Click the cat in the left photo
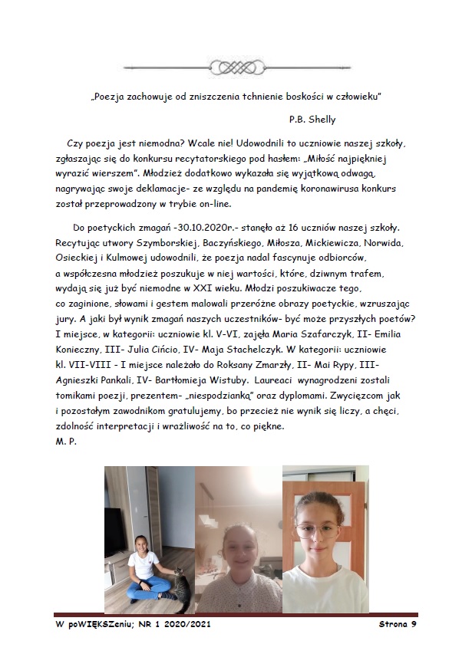177,590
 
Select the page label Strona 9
397,625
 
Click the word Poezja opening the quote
116,97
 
